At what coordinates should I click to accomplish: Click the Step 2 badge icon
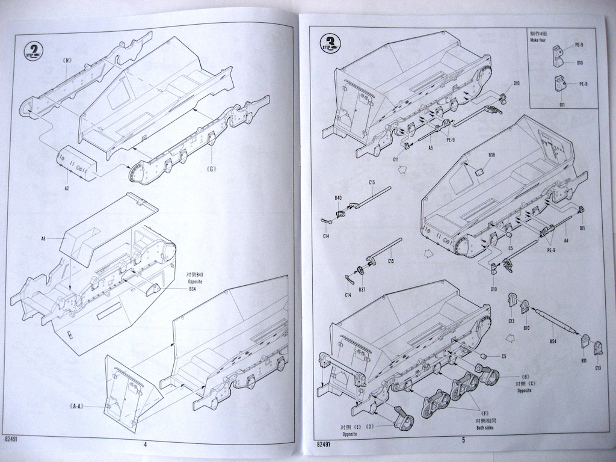coord(34,49)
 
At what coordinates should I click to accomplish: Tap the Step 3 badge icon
coord(330,43)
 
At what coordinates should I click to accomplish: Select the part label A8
coord(44,239)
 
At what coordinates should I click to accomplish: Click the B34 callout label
coord(192,289)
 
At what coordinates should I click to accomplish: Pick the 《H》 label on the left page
coord(67,60)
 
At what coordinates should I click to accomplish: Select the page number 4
coord(146,445)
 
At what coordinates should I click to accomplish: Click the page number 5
coord(463,440)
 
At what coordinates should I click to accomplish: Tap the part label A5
coord(430,147)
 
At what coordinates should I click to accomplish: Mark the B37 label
coord(362,289)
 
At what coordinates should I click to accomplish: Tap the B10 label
coord(526,327)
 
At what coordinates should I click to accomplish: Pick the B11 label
coord(584,360)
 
